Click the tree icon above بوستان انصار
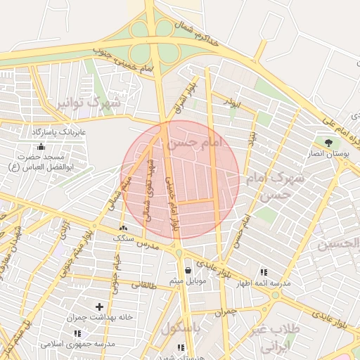tap(328, 143)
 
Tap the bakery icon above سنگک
tap(124, 228)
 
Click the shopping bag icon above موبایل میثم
tap(188, 271)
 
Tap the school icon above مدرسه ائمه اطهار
tap(264, 271)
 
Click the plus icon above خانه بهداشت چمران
tap(99, 307)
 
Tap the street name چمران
tap(224, 310)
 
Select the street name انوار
tap(231, 103)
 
